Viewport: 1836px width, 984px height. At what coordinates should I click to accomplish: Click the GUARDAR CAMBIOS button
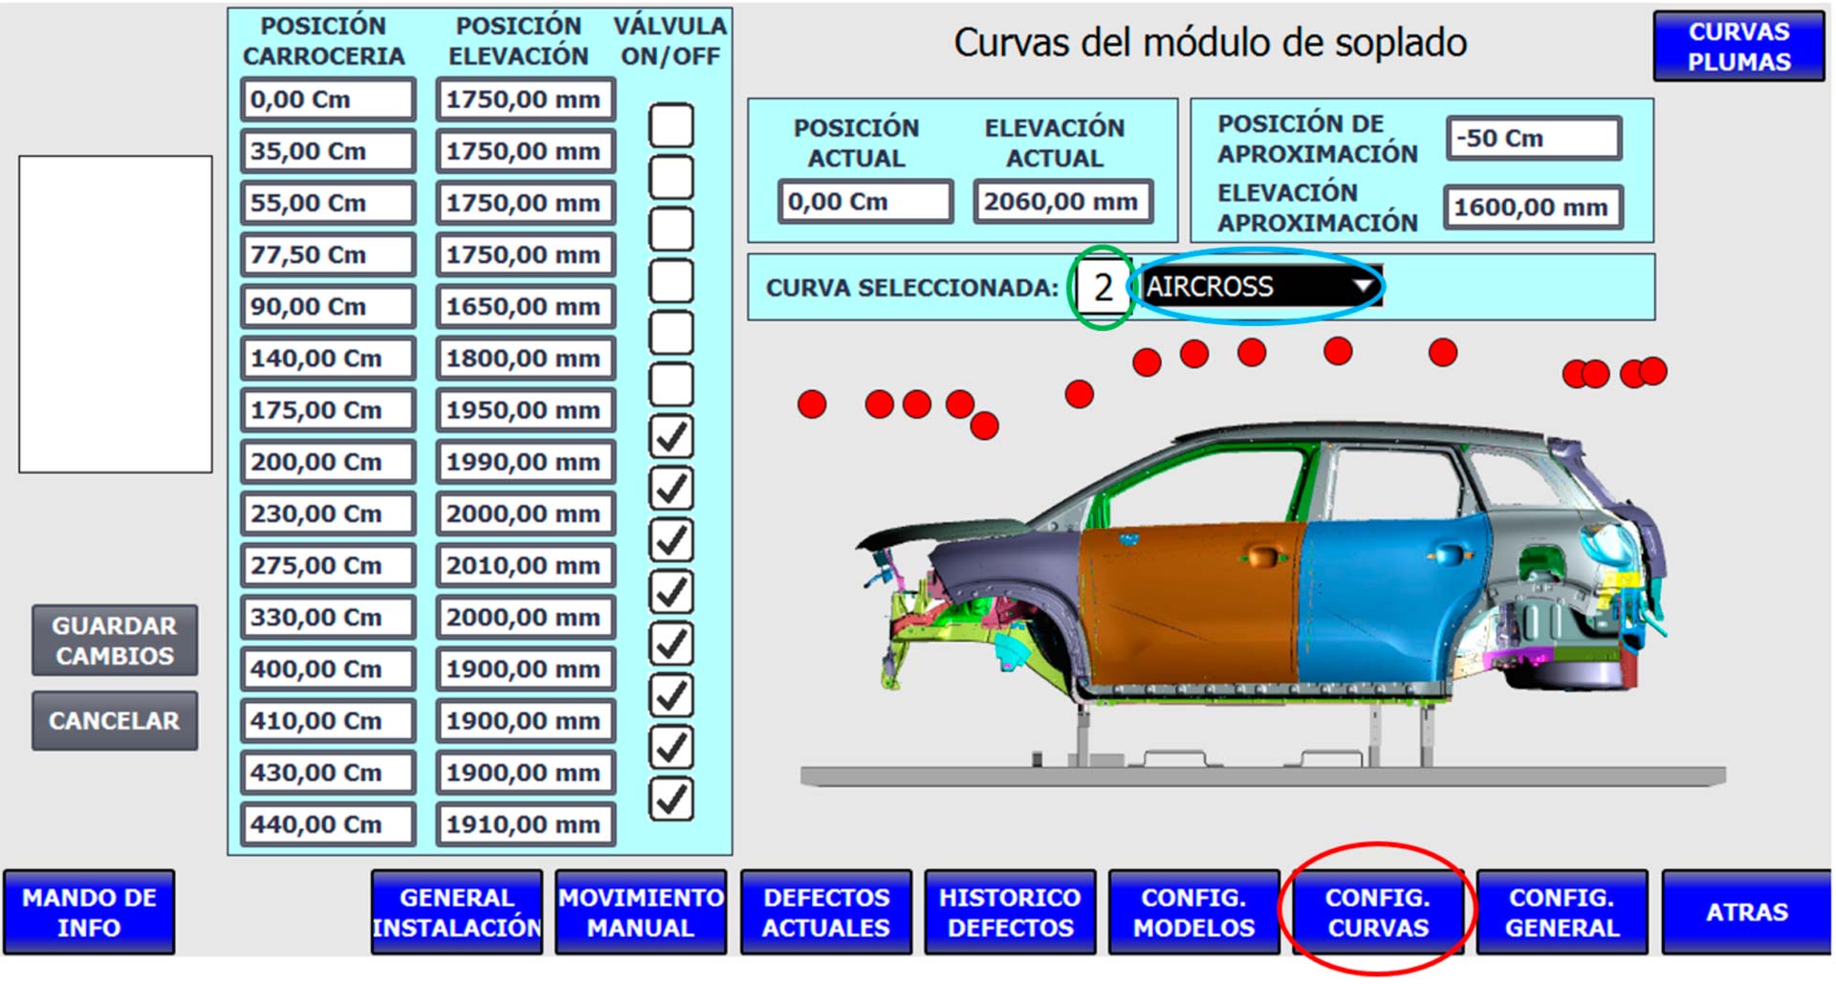tap(115, 641)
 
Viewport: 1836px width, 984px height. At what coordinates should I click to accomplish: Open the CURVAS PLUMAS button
tap(1738, 46)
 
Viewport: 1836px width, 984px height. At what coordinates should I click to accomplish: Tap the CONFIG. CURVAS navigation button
tap(1378, 912)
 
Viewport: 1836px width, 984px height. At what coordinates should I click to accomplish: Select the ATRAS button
tap(1747, 912)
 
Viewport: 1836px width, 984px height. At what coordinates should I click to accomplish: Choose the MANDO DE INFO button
tap(89, 912)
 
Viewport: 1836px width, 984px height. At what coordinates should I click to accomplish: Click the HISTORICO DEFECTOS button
tap(1010, 912)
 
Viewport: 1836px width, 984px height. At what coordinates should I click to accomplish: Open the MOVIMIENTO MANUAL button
tap(641, 912)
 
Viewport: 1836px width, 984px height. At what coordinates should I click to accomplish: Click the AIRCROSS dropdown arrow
tap(1363, 285)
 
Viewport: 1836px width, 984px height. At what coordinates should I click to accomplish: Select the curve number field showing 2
tap(1103, 287)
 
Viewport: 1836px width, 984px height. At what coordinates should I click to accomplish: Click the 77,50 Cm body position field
tap(328, 255)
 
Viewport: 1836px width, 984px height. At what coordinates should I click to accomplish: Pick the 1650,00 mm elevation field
tap(525, 307)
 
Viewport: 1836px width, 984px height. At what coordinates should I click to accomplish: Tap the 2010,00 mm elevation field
tap(525, 566)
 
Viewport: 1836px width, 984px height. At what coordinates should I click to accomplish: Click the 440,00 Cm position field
tap(328, 825)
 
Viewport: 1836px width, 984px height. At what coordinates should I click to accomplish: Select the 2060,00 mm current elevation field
tap(1062, 202)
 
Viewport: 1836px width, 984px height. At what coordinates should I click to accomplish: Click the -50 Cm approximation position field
tap(1534, 138)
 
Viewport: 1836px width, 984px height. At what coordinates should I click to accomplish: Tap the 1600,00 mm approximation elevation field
tap(1534, 208)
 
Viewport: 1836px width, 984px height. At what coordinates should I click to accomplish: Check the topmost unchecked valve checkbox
tap(671, 125)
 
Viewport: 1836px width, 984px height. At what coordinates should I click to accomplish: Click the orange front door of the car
tap(1191, 602)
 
